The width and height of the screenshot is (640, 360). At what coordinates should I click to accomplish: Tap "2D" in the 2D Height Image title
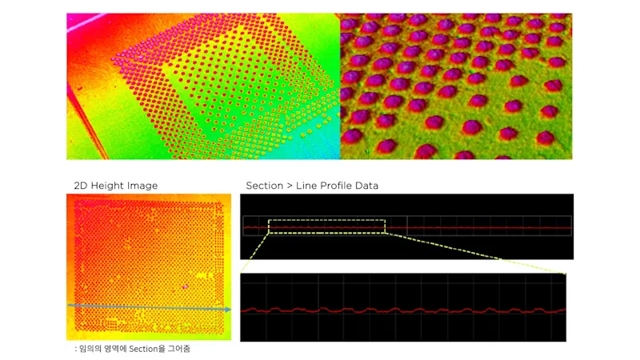(81, 186)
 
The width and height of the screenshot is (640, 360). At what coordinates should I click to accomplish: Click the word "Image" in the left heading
(143, 186)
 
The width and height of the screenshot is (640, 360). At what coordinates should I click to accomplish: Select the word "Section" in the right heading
(264, 186)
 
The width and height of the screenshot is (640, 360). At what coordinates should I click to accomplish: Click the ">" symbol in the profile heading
(289, 186)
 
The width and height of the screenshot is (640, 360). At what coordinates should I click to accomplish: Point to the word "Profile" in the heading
(332, 186)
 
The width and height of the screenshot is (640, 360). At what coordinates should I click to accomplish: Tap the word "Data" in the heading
(366, 186)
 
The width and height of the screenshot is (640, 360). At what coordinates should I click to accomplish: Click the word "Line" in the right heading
(306, 186)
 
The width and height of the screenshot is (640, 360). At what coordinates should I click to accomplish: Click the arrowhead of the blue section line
(228, 310)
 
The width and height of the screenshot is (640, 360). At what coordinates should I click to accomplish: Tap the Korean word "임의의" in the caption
(88, 350)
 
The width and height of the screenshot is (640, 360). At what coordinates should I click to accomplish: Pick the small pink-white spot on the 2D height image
(185, 286)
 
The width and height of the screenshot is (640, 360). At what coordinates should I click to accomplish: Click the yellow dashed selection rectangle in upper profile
(326, 219)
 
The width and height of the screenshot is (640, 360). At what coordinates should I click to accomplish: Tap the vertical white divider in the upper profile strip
(406, 226)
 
